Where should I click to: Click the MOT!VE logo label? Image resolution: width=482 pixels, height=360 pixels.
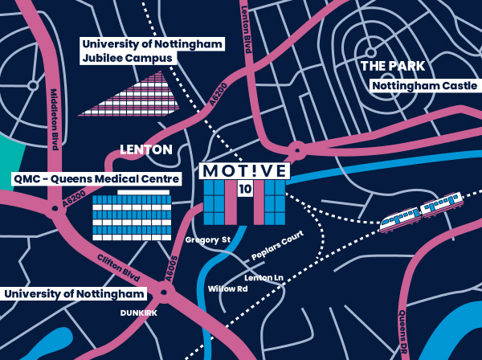tap(244, 171)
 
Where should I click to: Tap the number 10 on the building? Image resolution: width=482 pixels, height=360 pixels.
tap(244, 188)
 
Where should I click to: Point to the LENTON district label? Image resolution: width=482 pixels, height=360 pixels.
tap(145, 149)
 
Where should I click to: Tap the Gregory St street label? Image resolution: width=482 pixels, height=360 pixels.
tap(207, 239)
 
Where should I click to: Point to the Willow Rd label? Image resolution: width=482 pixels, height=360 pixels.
tap(227, 288)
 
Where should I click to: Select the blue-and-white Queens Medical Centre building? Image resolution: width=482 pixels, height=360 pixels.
tap(132, 216)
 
